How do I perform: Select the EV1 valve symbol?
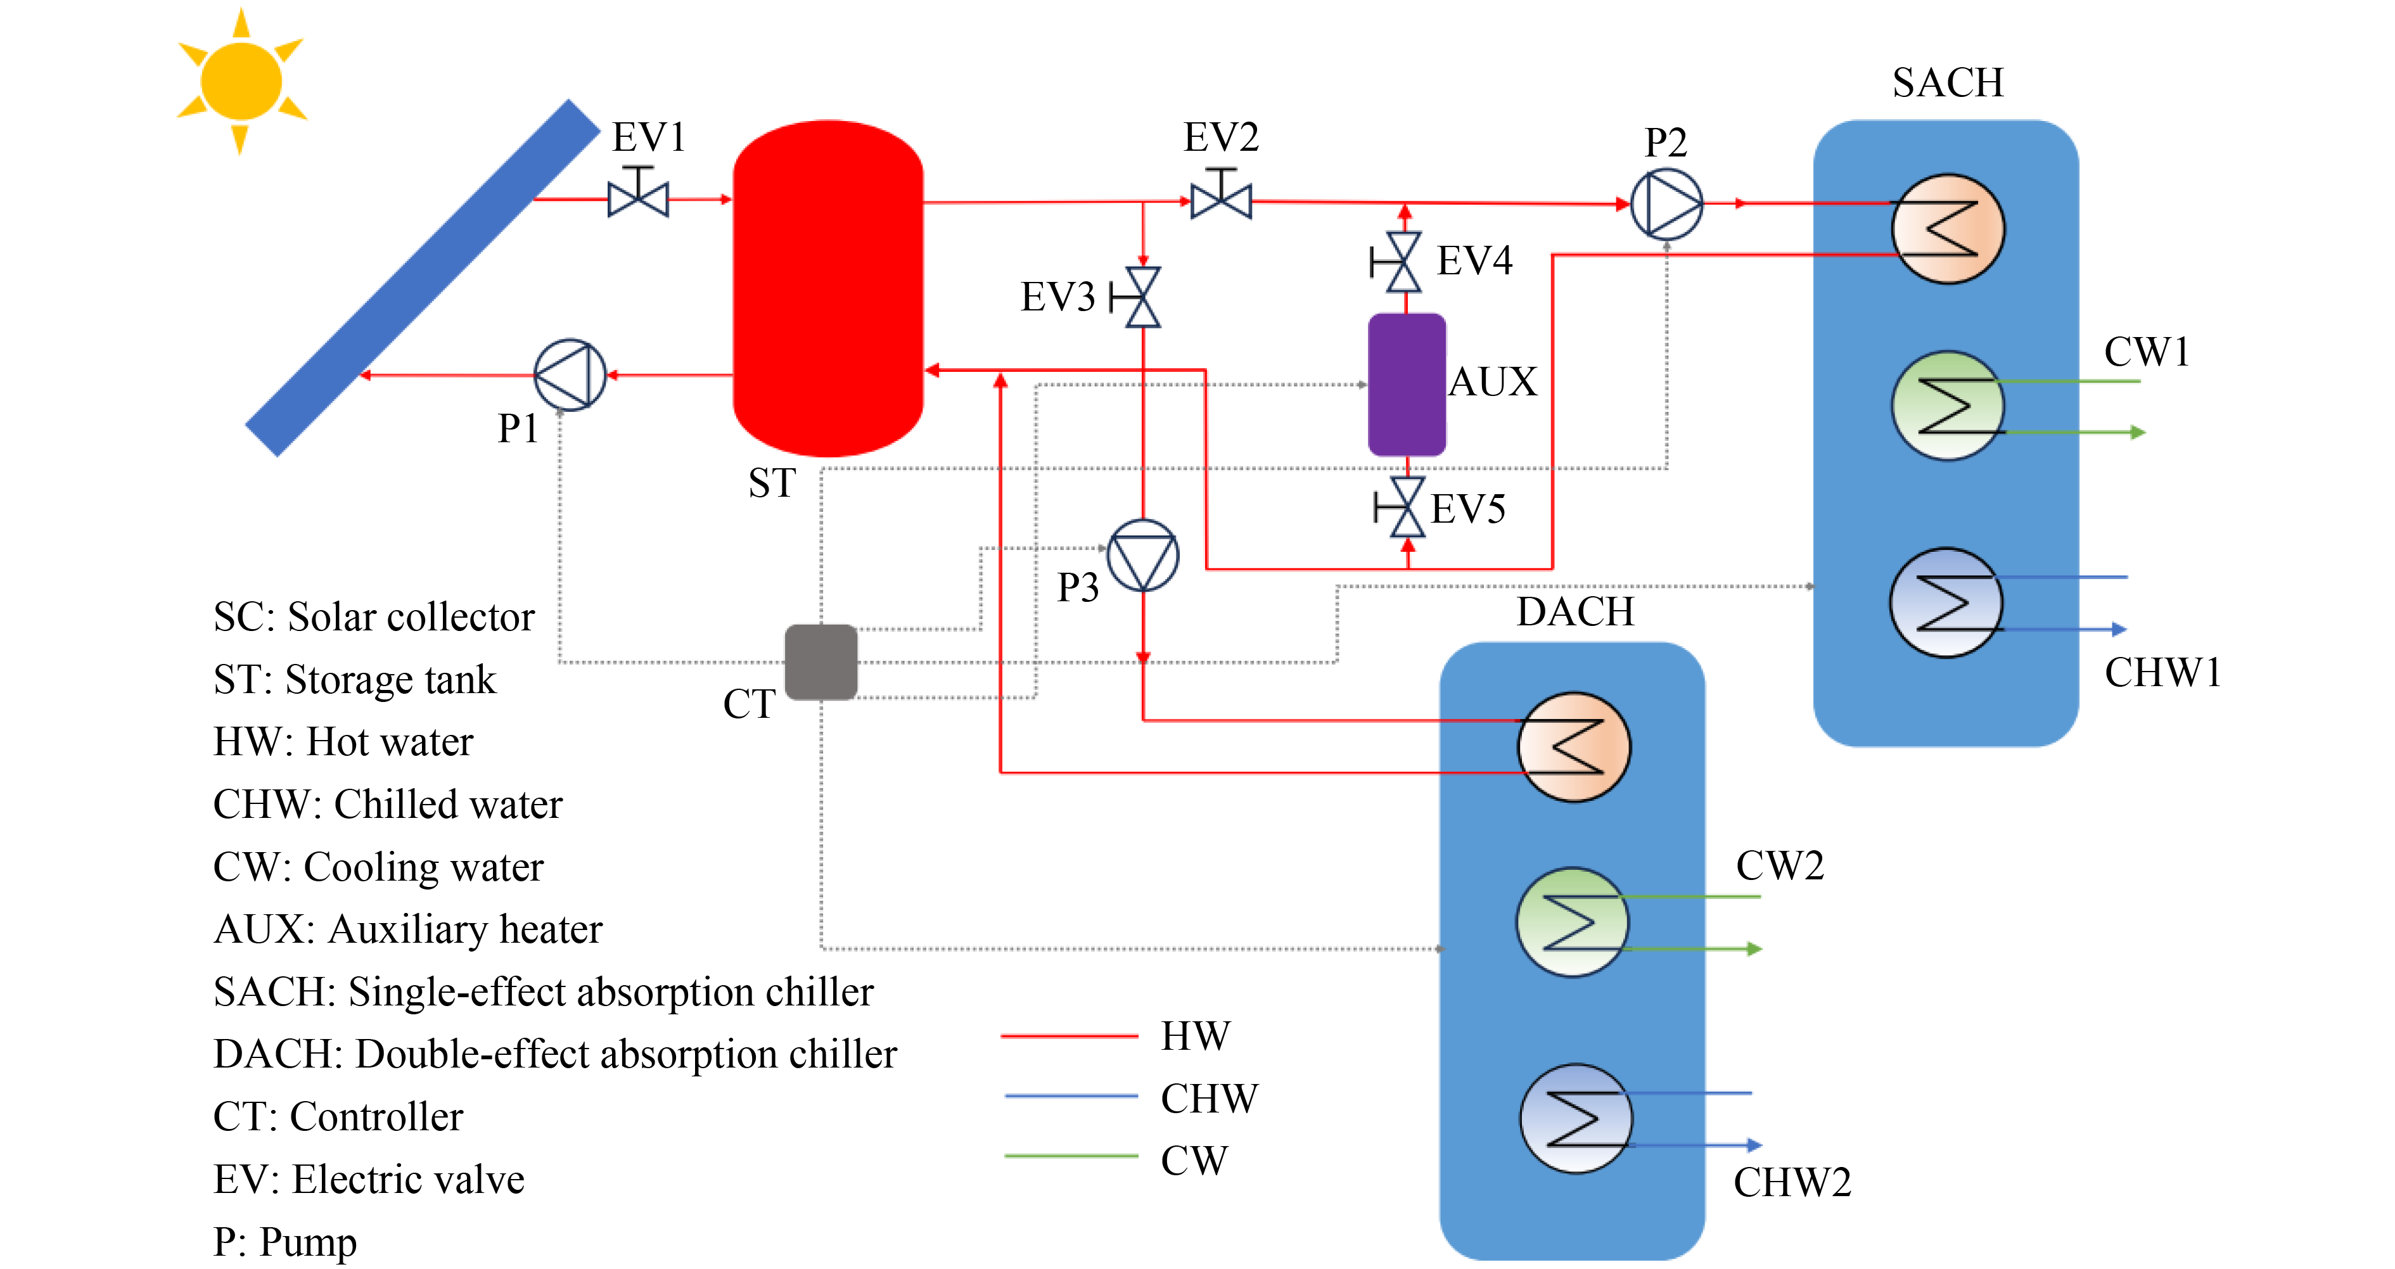point(638,197)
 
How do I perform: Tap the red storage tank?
point(827,288)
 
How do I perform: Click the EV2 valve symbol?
point(1221,199)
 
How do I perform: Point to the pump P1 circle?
point(570,374)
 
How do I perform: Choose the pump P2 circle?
point(1666,203)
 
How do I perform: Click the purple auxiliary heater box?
point(1407,384)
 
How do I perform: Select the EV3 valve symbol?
point(1142,298)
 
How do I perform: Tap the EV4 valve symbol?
point(1404,262)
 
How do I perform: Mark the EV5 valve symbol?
point(1407,507)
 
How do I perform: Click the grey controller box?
point(821,662)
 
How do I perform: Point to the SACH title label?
point(1948,83)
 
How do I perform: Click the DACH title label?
point(1575,612)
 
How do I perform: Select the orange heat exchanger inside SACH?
point(1948,229)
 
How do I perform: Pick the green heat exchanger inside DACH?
point(1572,922)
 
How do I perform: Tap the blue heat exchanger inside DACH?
point(1575,1118)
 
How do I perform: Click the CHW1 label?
point(2162,672)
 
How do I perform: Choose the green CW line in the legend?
point(1071,1156)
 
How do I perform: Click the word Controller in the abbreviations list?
point(376,1116)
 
